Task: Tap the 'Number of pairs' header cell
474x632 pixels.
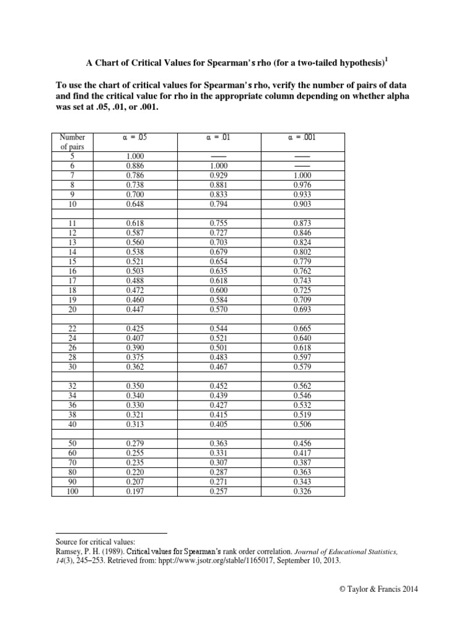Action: coord(72,141)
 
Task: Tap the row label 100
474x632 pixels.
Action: coord(72,491)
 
